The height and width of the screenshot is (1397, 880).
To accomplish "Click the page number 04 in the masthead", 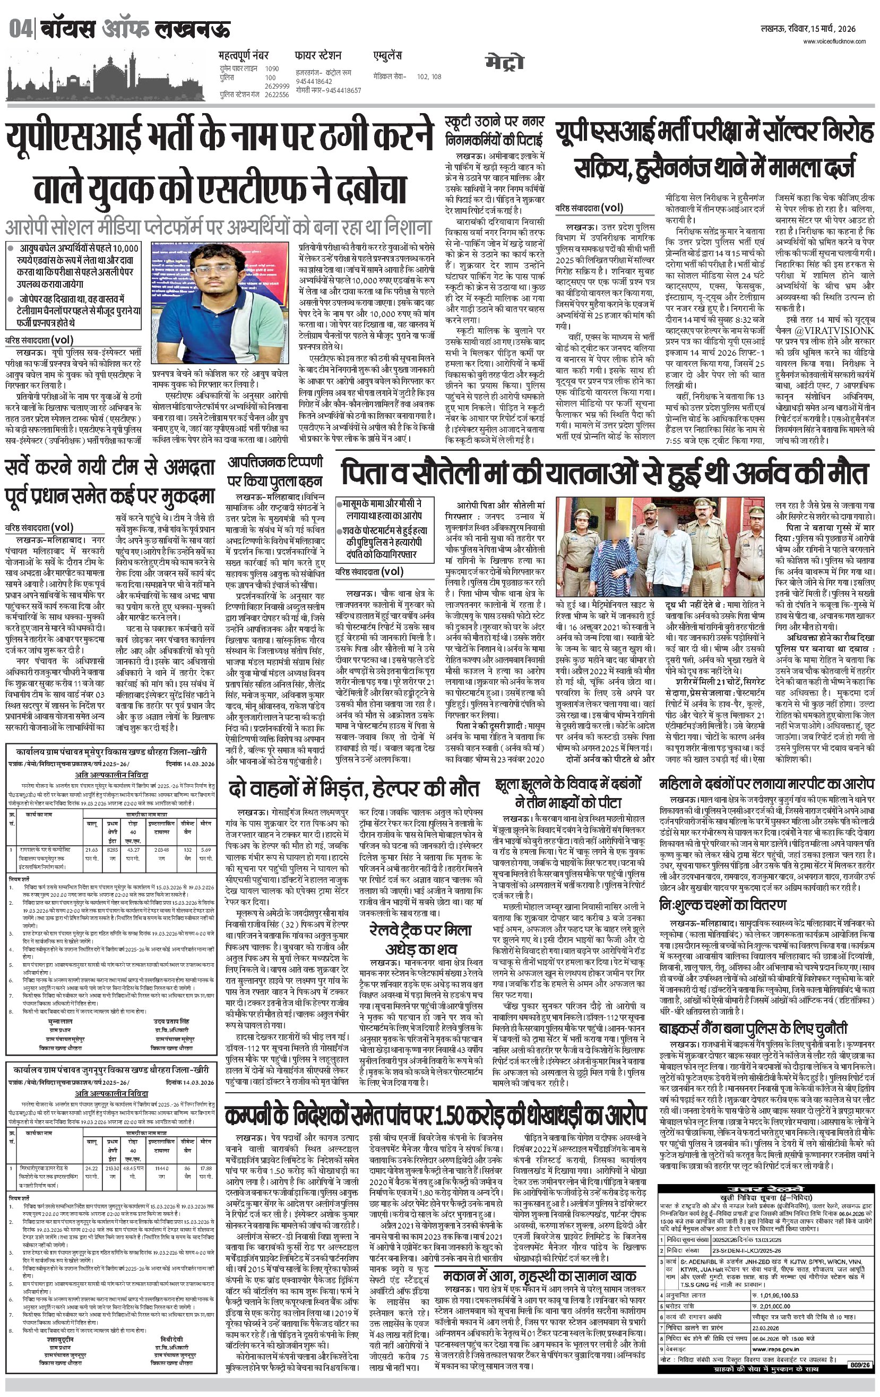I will pyautogui.click(x=20, y=29).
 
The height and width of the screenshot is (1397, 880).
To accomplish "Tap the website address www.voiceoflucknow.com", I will pyautogui.click(x=834, y=41).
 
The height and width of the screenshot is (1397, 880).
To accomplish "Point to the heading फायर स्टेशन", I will pyautogui.click(x=318, y=56).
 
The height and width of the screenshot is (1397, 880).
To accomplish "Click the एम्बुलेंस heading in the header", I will pyautogui.click(x=387, y=56).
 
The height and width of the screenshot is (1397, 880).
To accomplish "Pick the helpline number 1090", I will pyautogui.click(x=271, y=68).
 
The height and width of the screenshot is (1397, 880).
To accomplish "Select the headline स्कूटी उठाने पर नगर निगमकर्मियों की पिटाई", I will pyautogui.click(x=494, y=131).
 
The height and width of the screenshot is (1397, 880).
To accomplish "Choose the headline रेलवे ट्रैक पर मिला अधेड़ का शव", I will pyautogui.click(x=420, y=939).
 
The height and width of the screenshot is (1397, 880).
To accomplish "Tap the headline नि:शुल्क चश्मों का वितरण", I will pyautogui.click(x=723, y=904).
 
